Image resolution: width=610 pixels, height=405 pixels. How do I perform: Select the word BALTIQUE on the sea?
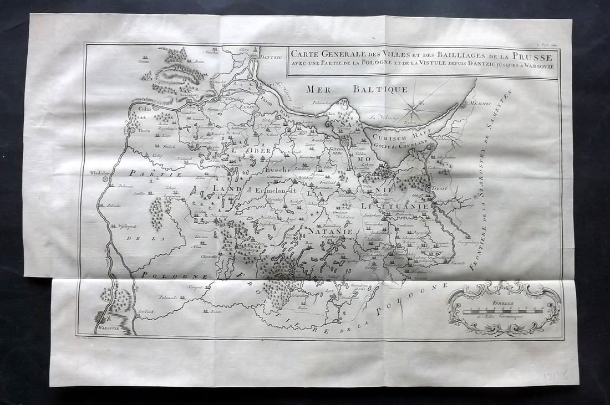pos(380,89)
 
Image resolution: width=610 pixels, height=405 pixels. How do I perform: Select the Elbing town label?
pos(251,106)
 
